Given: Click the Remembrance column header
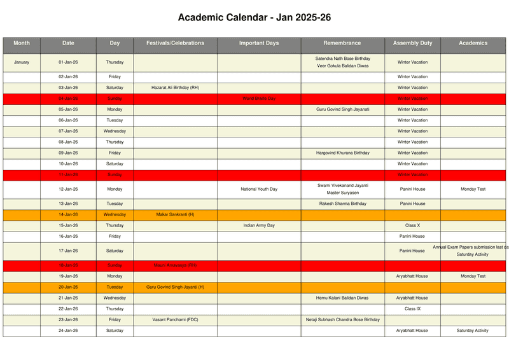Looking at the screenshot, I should (x=342, y=43).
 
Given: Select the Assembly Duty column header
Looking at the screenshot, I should (x=412, y=43).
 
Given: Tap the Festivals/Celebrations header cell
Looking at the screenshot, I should (x=175, y=43).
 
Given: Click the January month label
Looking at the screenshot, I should (x=22, y=62).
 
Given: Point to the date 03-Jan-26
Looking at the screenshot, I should (x=68, y=88).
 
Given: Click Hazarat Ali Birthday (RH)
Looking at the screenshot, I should (x=175, y=88).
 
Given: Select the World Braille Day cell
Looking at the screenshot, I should (x=259, y=99).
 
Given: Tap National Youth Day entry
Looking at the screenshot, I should (x=259, y=189).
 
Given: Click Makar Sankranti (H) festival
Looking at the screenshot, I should (x=175, y=214).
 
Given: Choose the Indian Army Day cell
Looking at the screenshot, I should (x=259, y=225).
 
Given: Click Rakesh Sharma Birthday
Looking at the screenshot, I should (x=342, y=204).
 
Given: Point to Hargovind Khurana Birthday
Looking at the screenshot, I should (x=342, y=153).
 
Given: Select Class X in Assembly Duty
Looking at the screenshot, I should (x=412, y=225).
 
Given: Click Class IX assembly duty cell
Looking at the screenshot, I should (x=412, y=308).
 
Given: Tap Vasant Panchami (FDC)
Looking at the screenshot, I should (x=175, y=319).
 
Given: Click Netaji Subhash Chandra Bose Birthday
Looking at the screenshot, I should (x=342, y=319).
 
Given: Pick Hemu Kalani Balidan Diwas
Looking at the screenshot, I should (x=342, y=298).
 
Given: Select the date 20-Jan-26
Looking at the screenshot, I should (x=68, y=287).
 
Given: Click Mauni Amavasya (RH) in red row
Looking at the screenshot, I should (x=175, y=265).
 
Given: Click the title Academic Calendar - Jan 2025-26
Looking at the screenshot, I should (x=254, y=17).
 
